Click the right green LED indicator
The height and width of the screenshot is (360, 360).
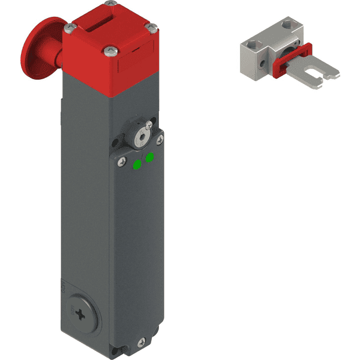[149, 157]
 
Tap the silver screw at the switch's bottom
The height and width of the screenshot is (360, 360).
[142, 342]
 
